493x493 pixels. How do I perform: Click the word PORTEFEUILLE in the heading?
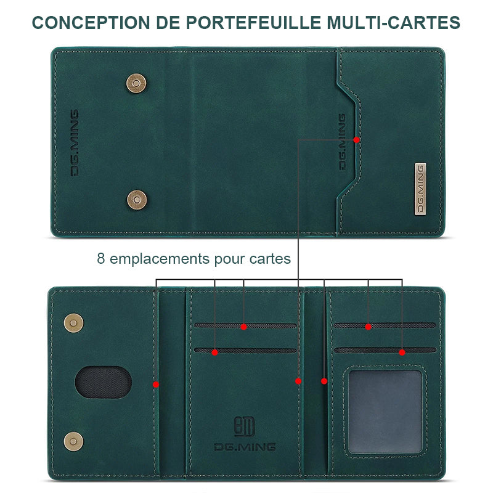(x=253, y=23)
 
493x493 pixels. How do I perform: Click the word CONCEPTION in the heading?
(x=91, y=23)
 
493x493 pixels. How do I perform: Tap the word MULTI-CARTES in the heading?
(x=393, y=23)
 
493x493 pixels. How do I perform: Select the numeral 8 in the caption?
(x=100, y=258)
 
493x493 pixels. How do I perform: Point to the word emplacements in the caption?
(x=160, y=259)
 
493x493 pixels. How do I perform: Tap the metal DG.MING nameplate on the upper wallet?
(x=420, y=189)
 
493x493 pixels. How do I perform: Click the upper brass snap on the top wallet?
(x=136, y=83)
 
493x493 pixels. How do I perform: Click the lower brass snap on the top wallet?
(x=137, y=200)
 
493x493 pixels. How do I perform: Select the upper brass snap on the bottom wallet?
(x=73, y=323)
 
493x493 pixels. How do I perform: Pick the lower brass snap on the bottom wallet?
(x=73, y=441)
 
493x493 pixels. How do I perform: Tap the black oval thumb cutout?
(x=103, y=382)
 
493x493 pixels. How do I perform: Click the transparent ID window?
(x=385, y=412)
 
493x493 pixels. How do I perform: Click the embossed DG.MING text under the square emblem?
(x=245, y=447)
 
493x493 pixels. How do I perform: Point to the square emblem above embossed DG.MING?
(x=244, y=426)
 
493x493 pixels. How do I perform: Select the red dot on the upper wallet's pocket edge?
(x=357, y=140)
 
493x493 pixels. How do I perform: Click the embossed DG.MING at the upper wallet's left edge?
(x=75, y=143)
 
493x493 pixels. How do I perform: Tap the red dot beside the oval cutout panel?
(x=156, y=384)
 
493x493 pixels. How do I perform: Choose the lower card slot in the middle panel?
(x=245, y=350)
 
